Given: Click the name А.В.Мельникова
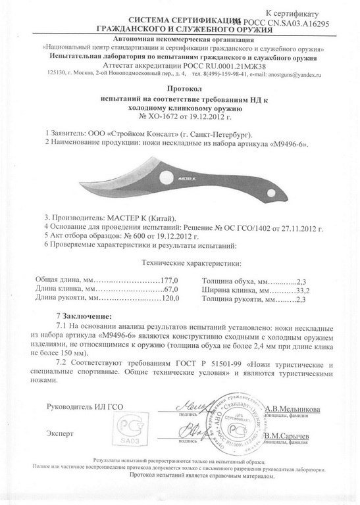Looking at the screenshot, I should pyautogui.click(x=293, y=408).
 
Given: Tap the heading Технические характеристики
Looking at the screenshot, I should pyautogui.click(x=180, y=262).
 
